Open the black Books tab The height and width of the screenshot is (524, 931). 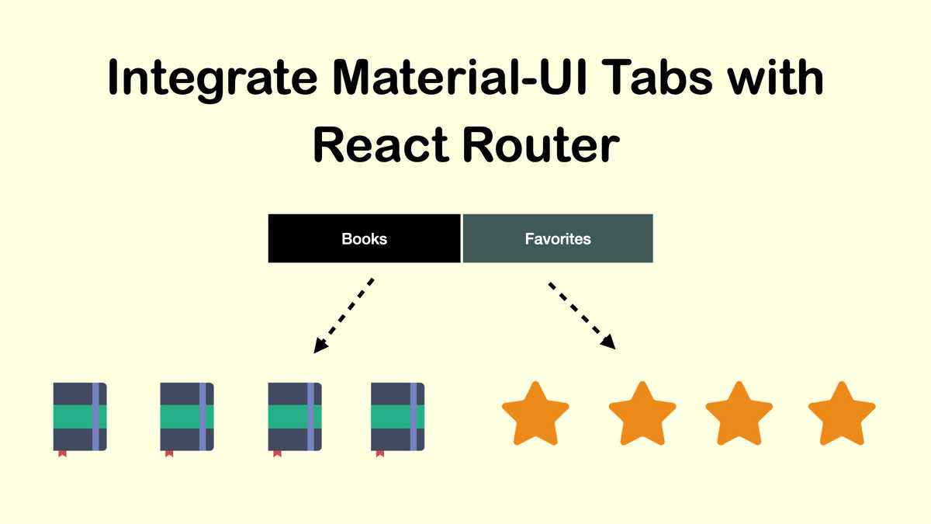[364, 238]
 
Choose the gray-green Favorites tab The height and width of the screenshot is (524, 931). [558, 238]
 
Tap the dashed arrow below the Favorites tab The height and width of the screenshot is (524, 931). [582, 315]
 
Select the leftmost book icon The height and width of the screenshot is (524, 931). [80, 416]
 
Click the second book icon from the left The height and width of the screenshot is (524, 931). [187, 416]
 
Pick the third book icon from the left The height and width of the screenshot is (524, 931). [295, 416]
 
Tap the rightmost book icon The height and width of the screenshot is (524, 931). [398, 416]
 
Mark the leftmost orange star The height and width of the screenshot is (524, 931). [535, 415]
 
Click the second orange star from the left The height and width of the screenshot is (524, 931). [642, 415]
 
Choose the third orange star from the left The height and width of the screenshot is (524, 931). [739, 415]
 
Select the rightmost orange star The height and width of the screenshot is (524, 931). [842, 415]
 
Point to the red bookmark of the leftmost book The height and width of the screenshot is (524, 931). [62, 453]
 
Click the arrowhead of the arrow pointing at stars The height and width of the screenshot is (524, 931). [610, 342]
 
